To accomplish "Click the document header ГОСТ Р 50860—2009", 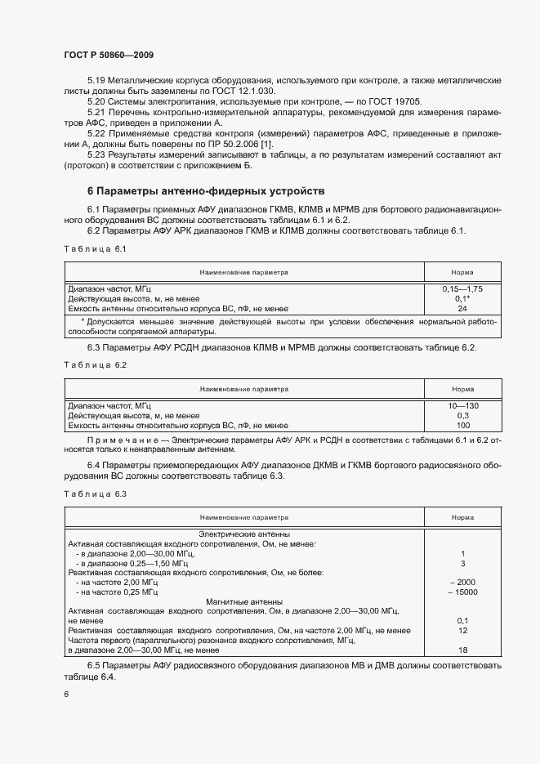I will (108, 55).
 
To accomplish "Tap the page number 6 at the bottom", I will (66, 694).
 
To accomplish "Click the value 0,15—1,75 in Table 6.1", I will (462, 289).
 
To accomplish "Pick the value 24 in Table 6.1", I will (462, 309).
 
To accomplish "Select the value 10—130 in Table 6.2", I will (462, 406).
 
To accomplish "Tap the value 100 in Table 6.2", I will (462, 426).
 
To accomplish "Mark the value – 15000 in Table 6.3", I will (462, 592).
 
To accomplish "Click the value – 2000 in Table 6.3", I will (462, 582).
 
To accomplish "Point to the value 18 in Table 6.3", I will (462, 650).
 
